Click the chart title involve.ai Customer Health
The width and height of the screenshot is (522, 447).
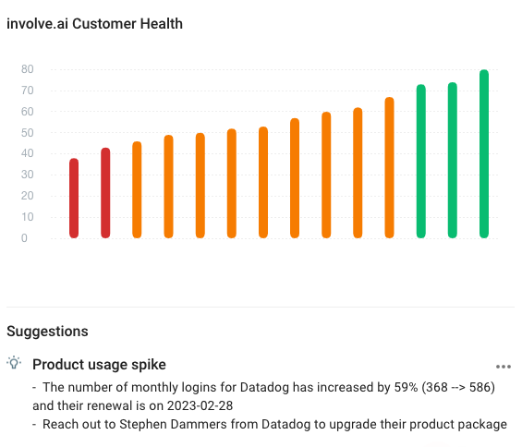point(94,24)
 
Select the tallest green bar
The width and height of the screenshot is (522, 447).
point(484,153)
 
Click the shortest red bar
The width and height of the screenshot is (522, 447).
point(74,198)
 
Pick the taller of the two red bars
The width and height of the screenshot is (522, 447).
point(105,193)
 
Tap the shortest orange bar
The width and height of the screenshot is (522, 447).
point(137,189)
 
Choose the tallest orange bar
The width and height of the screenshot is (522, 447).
point(390,167)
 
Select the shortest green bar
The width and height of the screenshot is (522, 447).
point(421,161)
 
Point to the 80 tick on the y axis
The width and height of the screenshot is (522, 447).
point(28,69)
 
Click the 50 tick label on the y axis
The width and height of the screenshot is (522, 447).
point(28,133)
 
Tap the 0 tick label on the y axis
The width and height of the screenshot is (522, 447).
point(24,238)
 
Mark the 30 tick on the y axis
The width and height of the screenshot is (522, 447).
point(28,175)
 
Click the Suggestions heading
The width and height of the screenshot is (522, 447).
point(47,332)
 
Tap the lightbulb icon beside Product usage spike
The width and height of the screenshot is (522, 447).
point(14,363)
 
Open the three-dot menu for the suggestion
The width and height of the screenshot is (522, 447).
point(503,367)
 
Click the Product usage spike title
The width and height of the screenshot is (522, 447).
point(99,365)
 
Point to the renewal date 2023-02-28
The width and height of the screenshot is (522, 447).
point(200,406)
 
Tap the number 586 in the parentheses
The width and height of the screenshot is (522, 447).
point(480,387)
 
